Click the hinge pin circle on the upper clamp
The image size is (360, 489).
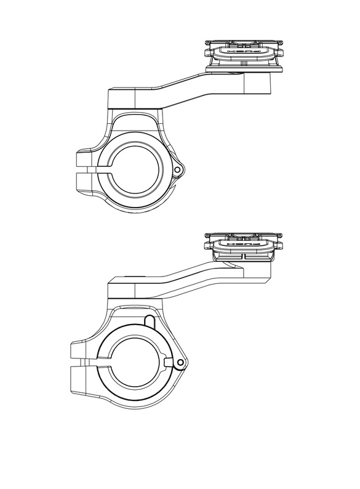178,168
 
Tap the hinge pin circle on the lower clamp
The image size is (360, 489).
178,362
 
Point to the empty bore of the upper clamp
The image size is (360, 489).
137,168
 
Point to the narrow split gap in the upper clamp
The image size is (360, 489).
98,168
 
